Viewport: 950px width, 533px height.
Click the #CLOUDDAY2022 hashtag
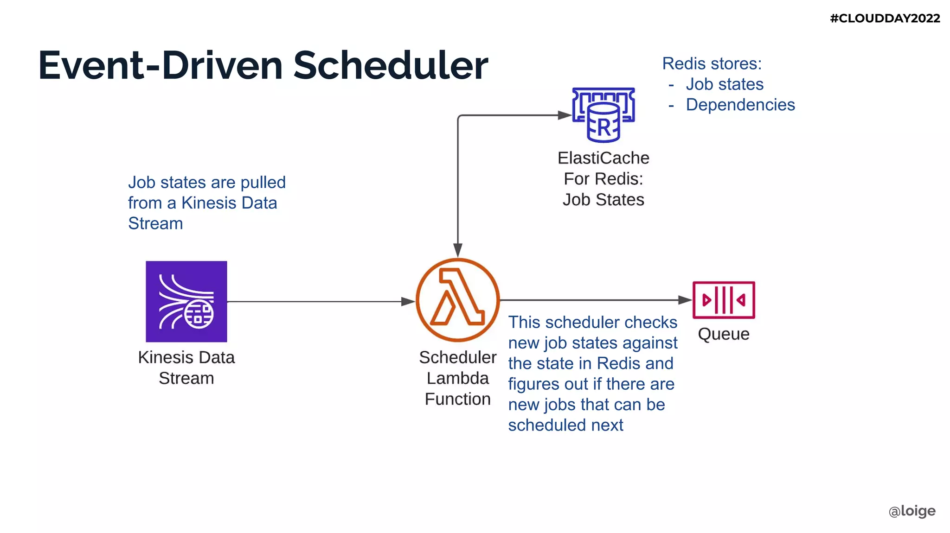coord(885,18)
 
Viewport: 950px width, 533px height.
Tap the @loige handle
coord(912,511)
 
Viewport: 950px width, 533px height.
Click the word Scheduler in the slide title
coord(390,65)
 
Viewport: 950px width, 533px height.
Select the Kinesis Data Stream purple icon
coord(186,301)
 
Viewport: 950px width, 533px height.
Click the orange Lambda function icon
coord(457,299)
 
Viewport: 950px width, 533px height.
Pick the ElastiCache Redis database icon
coord(603,115)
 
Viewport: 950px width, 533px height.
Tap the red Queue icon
coord(723,300)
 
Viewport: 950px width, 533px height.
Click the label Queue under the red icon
coord(723,334)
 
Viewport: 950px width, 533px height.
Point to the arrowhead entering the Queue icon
coord(685,300)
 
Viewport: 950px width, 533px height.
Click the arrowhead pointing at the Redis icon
coord(565,115)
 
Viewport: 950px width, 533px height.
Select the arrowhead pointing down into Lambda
coord(458,250)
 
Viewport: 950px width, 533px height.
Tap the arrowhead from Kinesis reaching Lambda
coord(408,302)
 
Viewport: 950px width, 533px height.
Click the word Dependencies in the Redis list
coord(740,105)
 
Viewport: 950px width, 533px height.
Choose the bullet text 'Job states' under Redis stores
coord(725,84)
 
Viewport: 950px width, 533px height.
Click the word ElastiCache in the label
coord(603,158)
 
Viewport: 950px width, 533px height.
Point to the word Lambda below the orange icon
coord(457,378)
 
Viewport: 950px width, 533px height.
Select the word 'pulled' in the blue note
coord(263,183)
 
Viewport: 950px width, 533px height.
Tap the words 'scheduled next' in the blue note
coord(565,425)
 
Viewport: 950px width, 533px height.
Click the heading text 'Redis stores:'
coord(712,63)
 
